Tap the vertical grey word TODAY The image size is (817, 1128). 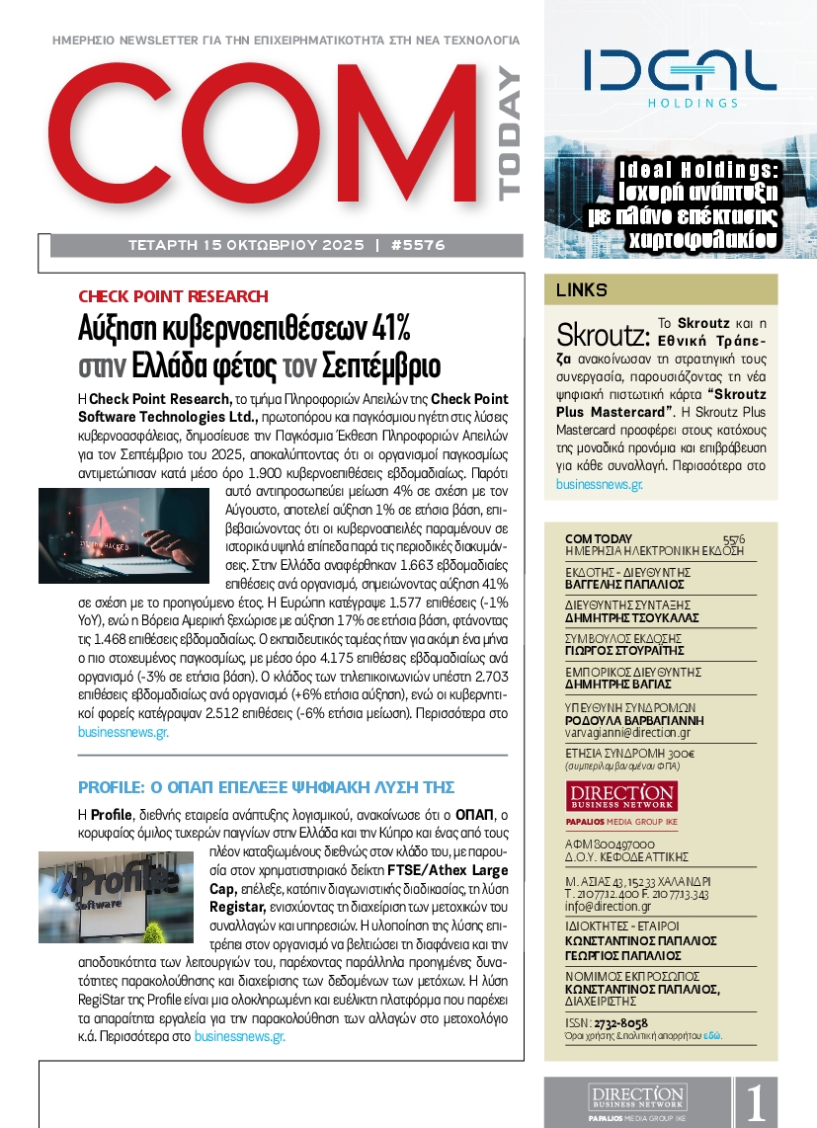tap(508, 134)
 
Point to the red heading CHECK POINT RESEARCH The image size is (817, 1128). tap(173, 296)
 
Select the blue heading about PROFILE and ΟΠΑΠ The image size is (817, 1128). tap(266, 787)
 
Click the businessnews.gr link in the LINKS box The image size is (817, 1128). tap(600, 485)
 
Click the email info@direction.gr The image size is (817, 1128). tap(608, 906)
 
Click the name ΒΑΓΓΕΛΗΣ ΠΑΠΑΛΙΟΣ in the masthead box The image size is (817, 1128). tap(610, 585)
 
